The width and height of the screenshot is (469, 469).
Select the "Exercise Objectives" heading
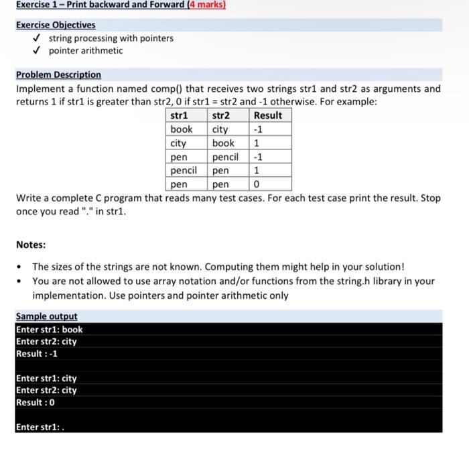click(56, 25)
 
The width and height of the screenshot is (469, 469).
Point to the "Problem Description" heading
click(58, 74)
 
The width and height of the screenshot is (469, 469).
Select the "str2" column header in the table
click(221, 115)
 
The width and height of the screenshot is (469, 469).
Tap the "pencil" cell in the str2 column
click(225, 157)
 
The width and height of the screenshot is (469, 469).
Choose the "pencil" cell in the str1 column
click(184, 170)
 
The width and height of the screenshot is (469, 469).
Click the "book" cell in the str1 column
click(182, 129)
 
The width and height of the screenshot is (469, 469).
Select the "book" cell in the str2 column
click(223, 143)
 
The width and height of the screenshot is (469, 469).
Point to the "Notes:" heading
click(31, 245)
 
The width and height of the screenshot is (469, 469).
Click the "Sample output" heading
click(46, 316)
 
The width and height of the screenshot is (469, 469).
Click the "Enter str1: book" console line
click(49, 329)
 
